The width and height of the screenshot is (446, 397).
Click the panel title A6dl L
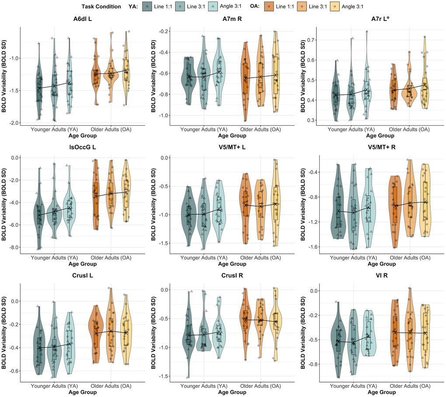tap(83, 19)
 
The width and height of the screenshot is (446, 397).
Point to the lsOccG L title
tap(83, 147)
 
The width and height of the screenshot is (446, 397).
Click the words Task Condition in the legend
tap(101, 7)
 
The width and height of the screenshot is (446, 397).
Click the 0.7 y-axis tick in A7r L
tap(311, 40)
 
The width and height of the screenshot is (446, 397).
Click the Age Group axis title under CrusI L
tap(83, 392)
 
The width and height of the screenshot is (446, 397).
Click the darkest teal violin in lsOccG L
tap(39, 210)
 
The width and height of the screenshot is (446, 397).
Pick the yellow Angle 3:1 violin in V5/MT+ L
tap(275, 205)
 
